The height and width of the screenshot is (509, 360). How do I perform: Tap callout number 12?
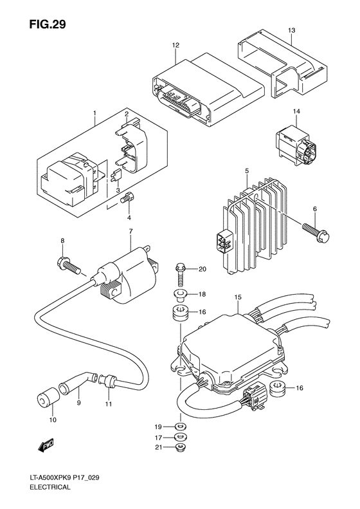coord(175,45)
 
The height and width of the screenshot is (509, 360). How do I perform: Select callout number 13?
coord(291,31)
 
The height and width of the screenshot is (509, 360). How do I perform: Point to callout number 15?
coord(237,297)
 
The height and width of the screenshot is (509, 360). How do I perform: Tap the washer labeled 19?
coord(178,427)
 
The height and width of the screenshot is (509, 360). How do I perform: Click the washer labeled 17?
coord(180,438)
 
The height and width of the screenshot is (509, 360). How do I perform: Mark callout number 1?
coord(94,113)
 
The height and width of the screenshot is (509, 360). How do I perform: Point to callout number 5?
coord(246,170)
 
